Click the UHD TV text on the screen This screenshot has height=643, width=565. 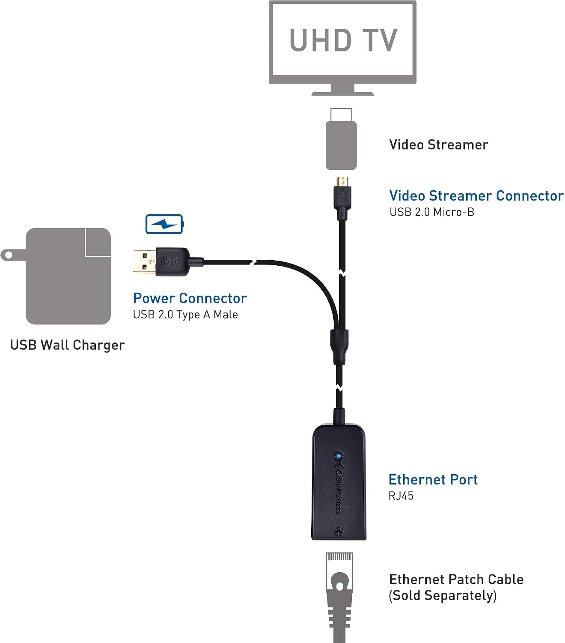pos(343,40)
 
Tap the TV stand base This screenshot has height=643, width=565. pos(342,93)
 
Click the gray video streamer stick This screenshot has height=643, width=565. pos(341,139)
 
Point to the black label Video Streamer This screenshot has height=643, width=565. pos(439,145)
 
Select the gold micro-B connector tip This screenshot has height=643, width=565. pos(342,182)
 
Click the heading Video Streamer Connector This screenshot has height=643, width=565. pos(476,196)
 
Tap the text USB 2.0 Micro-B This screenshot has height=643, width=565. pos(432,212)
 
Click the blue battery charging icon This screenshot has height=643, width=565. pos(164,224)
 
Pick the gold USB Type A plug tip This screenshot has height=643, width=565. pos(145,262)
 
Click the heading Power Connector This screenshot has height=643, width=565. pos(190,298)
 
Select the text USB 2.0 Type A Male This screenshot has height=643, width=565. pos(185,315)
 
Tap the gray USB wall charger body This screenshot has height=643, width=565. pos(68,276)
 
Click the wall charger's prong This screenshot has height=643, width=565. pos(13,255)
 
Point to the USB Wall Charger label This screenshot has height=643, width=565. pos(68,345)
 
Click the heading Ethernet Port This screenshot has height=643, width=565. pos(433,480)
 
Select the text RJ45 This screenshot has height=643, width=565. pos(401,496)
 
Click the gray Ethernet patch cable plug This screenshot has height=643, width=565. pos(339,597)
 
